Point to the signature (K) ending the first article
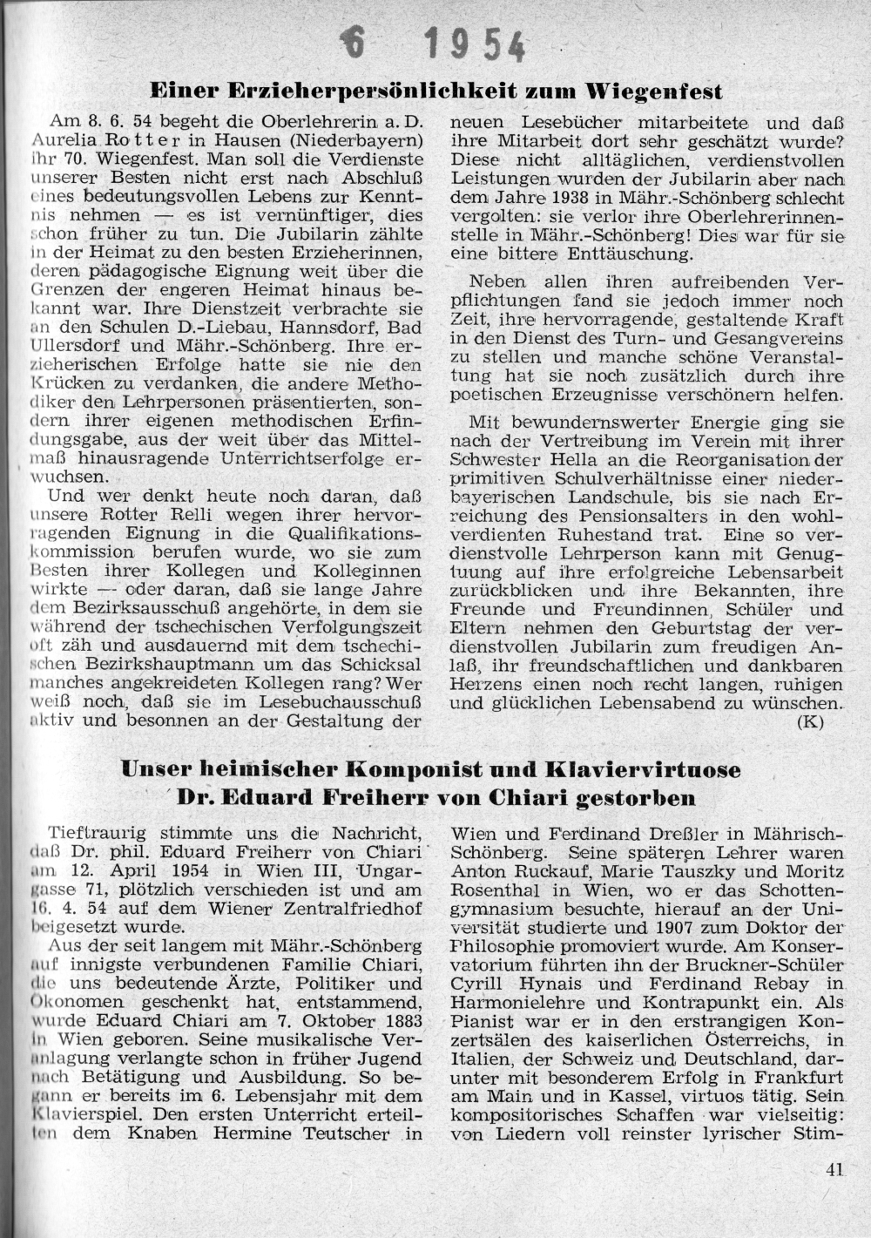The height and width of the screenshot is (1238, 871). pos(810,721)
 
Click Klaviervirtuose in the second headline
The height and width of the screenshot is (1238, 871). pos(644,769)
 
